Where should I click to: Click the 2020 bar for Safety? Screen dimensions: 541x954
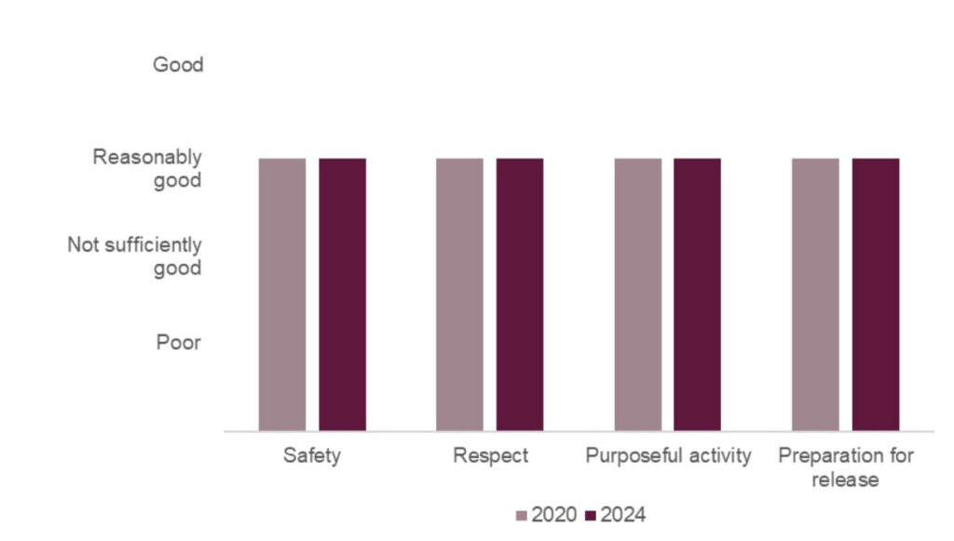[x=281, y=294]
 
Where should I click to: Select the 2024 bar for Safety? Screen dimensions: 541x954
[x=342, y=294]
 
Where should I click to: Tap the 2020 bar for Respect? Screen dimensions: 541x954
[x=459, y=294]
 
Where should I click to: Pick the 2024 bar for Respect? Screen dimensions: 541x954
[x=519, y=294]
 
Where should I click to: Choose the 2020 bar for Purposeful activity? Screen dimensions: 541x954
[x=637, y=294]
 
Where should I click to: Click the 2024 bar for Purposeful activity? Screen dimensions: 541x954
[x=697, y=294]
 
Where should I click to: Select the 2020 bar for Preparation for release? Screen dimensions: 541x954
[x=815, y=294]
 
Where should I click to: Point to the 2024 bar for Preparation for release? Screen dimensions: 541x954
[x=876, y=294]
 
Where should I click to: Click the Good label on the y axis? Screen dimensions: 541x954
[x=178, y=65]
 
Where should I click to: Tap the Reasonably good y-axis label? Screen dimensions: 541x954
[x=147, y=168]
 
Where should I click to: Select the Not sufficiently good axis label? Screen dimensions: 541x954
[x=134, y=257]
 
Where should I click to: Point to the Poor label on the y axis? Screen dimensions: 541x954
[x=178, y=342]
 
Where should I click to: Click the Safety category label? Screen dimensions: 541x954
[x=312, y=456]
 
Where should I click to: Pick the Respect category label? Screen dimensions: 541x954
[x=490, y=456]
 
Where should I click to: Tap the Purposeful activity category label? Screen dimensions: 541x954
[x=668, y=456]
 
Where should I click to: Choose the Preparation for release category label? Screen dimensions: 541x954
[x=845, y=467]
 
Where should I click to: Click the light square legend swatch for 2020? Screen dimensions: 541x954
[x=522, y=515]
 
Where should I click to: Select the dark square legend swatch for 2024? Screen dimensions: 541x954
[x=591, y=515]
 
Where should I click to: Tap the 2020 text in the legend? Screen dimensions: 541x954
[x=553, y=515]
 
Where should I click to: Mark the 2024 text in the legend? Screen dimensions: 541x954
[x=622, y=515]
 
